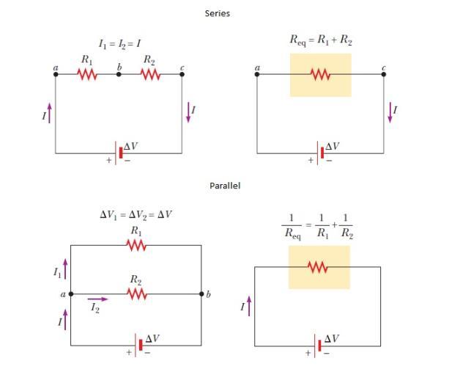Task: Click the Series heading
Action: [217, 13]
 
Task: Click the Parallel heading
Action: [225, 186]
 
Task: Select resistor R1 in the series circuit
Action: [87, 74]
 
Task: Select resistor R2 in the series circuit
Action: [150, 74]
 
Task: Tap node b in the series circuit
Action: [119, 74]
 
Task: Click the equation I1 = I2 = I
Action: [119, 44]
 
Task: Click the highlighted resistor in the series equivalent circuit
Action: [320, 74]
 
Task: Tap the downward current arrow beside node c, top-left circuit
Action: [188, 112]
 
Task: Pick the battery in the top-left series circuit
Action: [120, 153]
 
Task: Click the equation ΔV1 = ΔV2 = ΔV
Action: [136, 215]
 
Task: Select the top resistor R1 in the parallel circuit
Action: [136, 246]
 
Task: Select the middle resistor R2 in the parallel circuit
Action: [136, 294]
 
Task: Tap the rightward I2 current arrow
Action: [98, 299]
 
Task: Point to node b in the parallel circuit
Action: [201, 294]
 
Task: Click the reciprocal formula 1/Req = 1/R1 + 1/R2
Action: [318, 225]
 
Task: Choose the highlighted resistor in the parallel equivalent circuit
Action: [319, 267]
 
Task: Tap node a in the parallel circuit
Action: [71, 294]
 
